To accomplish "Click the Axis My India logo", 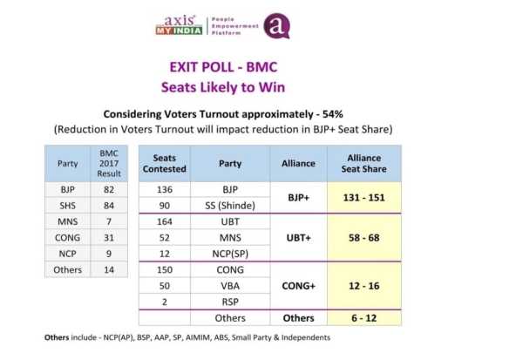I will (x=179, y=25).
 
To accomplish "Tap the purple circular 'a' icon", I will (x=275, y=25).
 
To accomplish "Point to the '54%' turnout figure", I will (x=328, y=114).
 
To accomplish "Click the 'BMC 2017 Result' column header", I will (x=108, y=163).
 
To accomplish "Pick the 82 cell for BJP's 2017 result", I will (x=108, y=188).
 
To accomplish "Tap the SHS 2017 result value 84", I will (x=108, y=205).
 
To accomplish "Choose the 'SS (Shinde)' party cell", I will (x=231, y=205).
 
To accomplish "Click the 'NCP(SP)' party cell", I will (x=231, y=254).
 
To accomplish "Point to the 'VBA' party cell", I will (x=231, y=286).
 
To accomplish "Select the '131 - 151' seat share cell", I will (x=363, y=197).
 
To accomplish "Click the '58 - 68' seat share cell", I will (x=363, y=237).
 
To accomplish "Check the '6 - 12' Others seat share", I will (x=363, y=318).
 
